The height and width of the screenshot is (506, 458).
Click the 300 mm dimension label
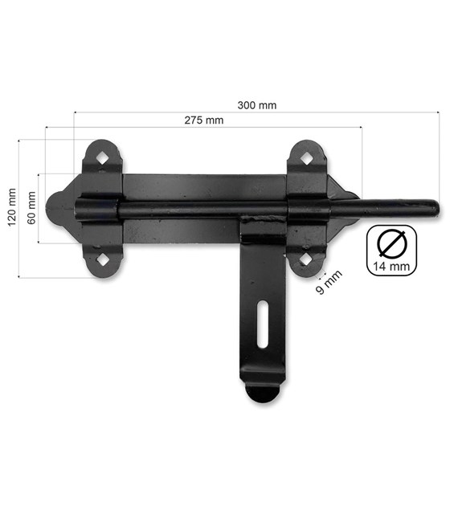(x=257, y=104)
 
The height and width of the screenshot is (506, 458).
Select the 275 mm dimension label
(x=203, y=120)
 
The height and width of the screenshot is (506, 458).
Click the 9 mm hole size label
(x=329, y=283)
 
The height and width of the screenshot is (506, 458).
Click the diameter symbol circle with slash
(x=391, y=241)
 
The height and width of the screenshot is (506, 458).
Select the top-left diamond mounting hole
(x=102, y=157)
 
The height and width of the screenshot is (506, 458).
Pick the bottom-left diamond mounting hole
(x=102, y=259)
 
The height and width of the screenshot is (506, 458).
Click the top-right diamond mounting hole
(x=307, y=157)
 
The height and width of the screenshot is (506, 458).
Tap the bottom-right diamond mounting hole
(x=306, y=259)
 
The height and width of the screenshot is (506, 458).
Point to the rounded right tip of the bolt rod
(x=434, y=209)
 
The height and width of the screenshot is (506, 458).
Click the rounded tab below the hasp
(x=263, y=394)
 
